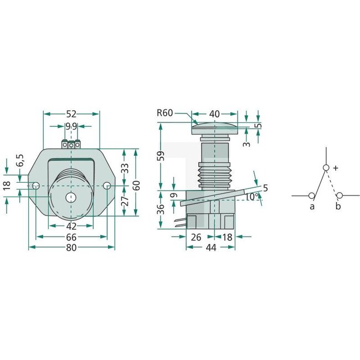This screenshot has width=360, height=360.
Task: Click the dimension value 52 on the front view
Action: pos(71,114)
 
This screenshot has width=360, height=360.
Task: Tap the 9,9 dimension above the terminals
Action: pos(71,127)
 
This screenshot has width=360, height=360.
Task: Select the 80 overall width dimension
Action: pos(71,248)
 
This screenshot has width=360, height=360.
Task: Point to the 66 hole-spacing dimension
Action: pos(71,237)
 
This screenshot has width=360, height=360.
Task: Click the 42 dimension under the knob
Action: pos(71,226)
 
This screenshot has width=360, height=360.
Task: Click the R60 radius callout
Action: pos(165,113)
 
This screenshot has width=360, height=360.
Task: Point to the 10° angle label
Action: pos(251,196)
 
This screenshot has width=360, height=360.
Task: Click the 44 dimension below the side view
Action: pos(210,249)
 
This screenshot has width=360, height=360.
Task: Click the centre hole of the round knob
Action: pos(70,197)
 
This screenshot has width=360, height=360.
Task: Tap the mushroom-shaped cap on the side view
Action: pos(214,130)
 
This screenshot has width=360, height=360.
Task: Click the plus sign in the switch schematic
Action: pos(336,167)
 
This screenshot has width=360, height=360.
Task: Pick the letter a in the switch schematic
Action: pos(312,207)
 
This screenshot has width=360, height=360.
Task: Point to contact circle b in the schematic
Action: pos(340,195)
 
